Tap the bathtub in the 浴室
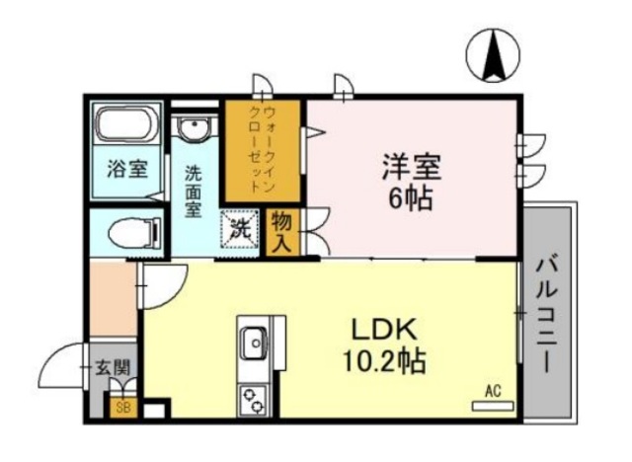[126, 125]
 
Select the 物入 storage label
[280, 231]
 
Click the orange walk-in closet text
[263, 148]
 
